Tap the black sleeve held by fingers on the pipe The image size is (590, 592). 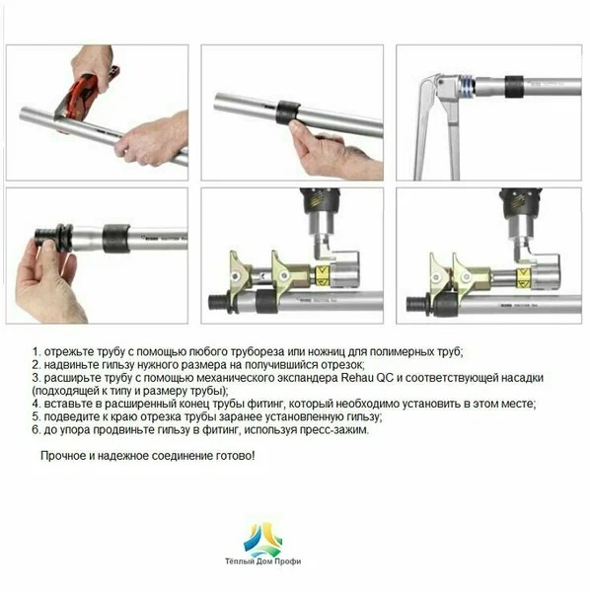(x=288, y=112)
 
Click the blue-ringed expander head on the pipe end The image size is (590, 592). (x=466, y=87)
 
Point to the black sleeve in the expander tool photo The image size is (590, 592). (x=514, y=87)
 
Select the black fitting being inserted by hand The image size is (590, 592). (x=53, y=237)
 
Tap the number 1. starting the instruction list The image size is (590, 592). (x=37, y=352)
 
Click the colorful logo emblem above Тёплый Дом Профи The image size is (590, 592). (x=262, y=539)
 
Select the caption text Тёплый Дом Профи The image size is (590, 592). (x=263, y=561)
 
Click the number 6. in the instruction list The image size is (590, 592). (x=37, y=430)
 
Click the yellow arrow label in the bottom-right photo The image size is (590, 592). (x=523, y=276)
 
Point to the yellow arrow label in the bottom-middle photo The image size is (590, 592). (x=322, y=275)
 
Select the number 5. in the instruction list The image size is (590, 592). (x=37, y=417)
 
